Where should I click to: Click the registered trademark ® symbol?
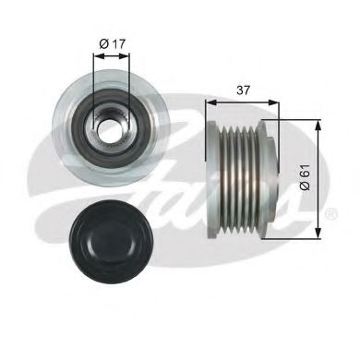coord(330,214)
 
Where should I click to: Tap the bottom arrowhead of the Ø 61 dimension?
coord(317,233)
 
